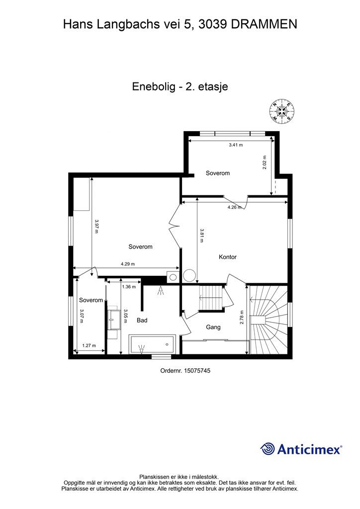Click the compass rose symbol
tap(282, 111)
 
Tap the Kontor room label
tap(228, 257)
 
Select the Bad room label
tap(142, 321)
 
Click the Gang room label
tap(213, 327)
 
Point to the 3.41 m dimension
tap(236, 145)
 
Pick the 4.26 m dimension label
tap(234, 207)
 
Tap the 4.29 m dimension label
tap(128, 264)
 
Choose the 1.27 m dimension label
tap(89, 346)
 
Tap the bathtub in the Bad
tap(152, 343)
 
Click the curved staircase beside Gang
tap(268, 320)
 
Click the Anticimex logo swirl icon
tap(268, 449)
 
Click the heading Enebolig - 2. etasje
tap(180, 86)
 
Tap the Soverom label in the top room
tap(218, 173)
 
